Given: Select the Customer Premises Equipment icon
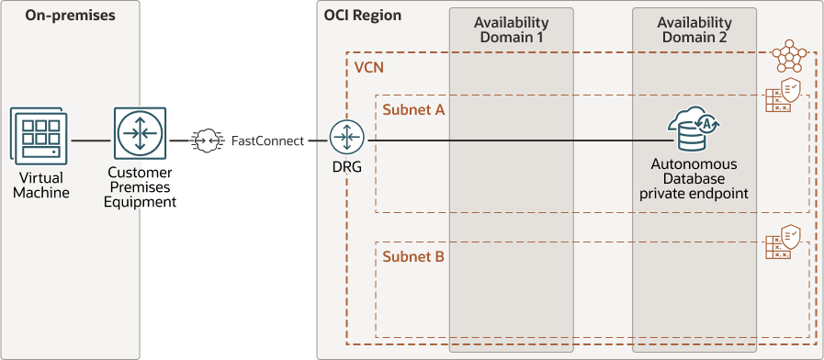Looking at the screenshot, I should (x=141, y=133).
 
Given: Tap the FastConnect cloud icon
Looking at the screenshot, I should (x=207, y=141).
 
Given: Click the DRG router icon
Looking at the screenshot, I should (x=348, y=139).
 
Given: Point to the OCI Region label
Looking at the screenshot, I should (x=363, y=16).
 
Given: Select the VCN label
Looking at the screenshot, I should (x=368, y=69).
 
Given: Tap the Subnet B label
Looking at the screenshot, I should (x=413, y=256).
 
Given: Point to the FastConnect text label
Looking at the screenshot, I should (x=267, y=141).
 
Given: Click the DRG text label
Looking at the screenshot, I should (x=348, y=169).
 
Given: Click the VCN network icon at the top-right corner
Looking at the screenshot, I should (x=788, y=57).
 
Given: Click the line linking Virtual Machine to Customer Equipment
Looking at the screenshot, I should (x=91, y=141).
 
